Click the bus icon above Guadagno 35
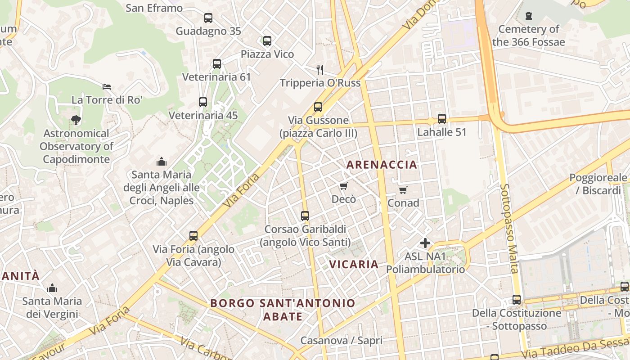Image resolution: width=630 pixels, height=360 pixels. (x=208, y=18)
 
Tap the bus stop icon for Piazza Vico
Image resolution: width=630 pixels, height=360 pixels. (x=267, y=41)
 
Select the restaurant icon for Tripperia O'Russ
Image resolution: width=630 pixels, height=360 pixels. (x=320, y=69)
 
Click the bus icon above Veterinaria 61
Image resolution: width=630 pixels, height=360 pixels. (x=217, y=64)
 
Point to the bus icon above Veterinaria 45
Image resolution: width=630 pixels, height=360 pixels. (x=203, y=102)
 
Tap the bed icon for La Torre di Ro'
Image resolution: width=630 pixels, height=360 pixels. (x=107, y=86)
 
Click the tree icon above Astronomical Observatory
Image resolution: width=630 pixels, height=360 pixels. (x=76, y=120)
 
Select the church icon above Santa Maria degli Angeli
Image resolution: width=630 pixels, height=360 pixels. (x=161, y=162)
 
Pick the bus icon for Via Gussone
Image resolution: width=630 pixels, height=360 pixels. (x=318, y=107)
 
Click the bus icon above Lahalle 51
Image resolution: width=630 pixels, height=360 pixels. (x=442, y=119)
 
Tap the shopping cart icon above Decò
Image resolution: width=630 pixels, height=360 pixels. (x=344, y=186)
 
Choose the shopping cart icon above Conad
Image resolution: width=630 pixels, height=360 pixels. (x=403, y=190)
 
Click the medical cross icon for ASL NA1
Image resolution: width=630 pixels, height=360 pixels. (x=425, y=243)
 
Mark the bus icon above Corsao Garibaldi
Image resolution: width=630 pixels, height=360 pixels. (x=305, y=216)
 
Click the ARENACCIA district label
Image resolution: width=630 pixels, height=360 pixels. (x=382, y=165)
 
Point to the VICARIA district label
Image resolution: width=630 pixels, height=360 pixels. (x=354, y=264)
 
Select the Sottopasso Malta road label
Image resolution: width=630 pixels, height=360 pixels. (x=509, y=228)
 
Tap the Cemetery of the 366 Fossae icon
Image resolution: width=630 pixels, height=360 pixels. (x=529, y=16)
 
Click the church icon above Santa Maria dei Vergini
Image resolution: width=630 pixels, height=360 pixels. (x=52, y=288)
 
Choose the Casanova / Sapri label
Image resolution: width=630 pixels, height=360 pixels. (x=341, y=341)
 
